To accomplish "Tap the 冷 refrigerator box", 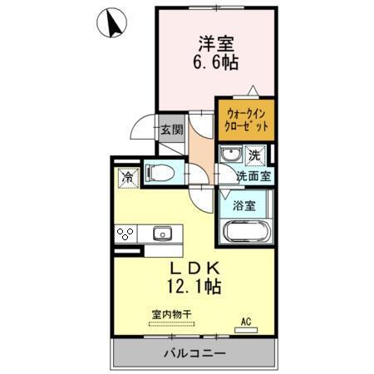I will coord(127,177).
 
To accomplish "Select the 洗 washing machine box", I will coord(254,155).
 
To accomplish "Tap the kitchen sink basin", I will coord(161,234).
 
